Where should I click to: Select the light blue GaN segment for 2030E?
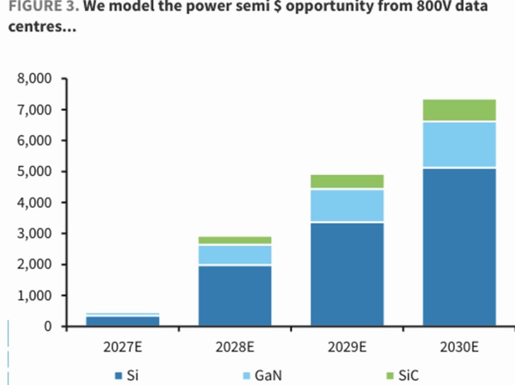click(459, 144)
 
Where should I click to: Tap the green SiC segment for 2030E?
click(459, 110)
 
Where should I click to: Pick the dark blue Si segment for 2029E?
click(347, 274)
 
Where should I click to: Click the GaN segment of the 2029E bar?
click(347, 205)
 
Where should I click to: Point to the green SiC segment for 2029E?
click(347, 182)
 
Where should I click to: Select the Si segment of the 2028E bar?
click(235, 295)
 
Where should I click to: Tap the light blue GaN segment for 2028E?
click(235, 255)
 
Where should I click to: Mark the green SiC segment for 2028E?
click(235, 240)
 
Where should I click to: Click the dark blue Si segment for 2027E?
click(123, 321)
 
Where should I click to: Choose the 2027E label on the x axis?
click(123, 347)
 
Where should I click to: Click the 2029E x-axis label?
click(347, 347)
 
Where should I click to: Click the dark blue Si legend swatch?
click(118, 376)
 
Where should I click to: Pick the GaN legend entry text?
click(268, 376)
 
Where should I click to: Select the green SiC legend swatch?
click(390, 376)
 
